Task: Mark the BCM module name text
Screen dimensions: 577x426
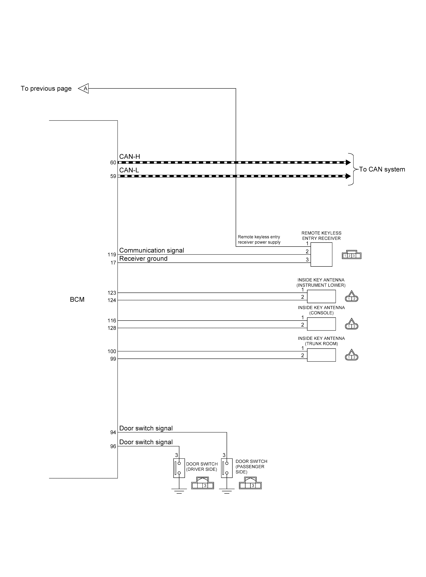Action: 77,299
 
